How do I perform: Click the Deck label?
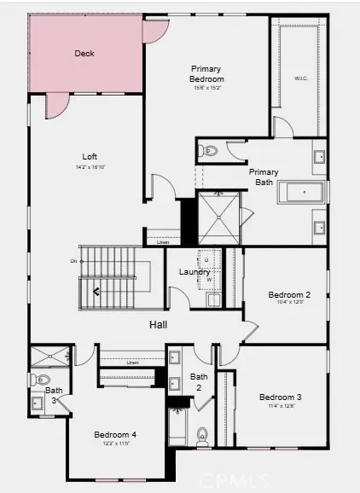[x=84, y=53]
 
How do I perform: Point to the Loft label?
[x=90, y=157]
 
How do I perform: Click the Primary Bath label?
[x=263, y=177]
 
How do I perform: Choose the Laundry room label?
[x=195, y=272]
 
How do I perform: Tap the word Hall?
[x=158, y=325]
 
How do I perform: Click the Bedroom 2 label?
[x=289, y=295]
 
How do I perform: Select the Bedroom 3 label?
[x=281, y=397]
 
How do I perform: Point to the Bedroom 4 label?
[x=115, y=434]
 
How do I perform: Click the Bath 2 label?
[x=199, y=381]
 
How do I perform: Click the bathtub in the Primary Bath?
[x=301, y=194]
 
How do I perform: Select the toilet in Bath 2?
[x=203, y=435]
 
